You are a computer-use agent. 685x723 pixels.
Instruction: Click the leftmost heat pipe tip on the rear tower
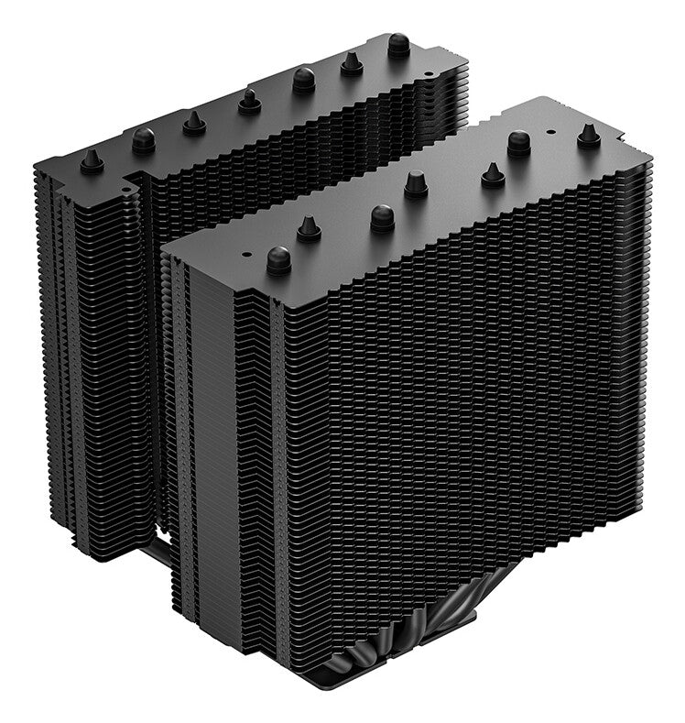[x=91, y=162]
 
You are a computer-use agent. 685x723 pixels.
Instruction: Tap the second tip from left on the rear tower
[x=143, y=140]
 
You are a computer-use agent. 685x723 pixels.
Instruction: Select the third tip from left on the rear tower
[x=194, y=123]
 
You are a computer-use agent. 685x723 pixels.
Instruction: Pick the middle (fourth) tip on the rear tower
[x=248, y=102]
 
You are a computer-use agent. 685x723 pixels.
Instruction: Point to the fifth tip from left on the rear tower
[x=304, y=81]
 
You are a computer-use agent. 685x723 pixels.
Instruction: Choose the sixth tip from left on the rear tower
[x=352, y=63]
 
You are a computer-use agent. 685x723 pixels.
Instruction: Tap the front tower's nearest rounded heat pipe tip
[x=278, y=260]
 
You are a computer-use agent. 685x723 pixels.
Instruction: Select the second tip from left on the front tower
[x=309, y=229]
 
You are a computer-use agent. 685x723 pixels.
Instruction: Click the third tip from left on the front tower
[x=382, y=218]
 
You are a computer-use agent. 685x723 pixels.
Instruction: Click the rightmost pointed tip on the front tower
[x=588, y=136]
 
